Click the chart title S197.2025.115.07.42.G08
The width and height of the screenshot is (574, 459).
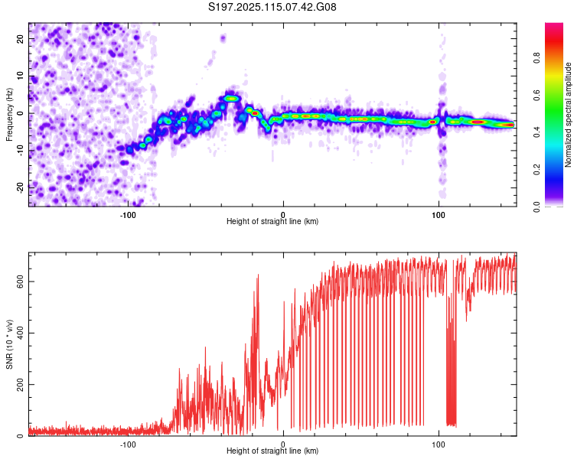pos(272,7)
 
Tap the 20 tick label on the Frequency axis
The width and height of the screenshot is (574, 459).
pos(20,39)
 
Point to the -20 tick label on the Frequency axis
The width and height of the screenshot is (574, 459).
pos(20,187)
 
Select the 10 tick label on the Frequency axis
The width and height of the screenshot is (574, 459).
pos(20,76)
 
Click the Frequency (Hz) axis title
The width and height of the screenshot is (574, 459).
pos(9,115)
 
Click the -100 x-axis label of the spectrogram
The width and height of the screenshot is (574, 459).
pos(128,215)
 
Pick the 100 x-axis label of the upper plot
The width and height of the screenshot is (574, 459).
pos(439,215)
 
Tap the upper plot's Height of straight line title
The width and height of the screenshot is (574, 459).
pos(272,221)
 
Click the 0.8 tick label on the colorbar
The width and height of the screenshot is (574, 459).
pos(536,58)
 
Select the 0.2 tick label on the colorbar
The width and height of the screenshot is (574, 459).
pos(536,170)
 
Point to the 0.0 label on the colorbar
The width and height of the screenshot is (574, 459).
pos(536,207)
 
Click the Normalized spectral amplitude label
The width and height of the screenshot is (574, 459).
pos(568,115)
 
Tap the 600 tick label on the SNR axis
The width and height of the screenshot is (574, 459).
pos(20,282)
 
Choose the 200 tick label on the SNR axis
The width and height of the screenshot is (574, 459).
pos(20,384)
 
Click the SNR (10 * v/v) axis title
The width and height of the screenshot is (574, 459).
pos(9,344)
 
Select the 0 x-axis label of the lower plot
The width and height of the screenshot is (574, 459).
pos(283,444)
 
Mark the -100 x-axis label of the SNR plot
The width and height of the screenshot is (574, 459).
pos(128,444)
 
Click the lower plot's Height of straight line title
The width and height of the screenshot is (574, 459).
pos(272,451)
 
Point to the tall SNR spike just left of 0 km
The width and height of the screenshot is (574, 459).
pos(258,275)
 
